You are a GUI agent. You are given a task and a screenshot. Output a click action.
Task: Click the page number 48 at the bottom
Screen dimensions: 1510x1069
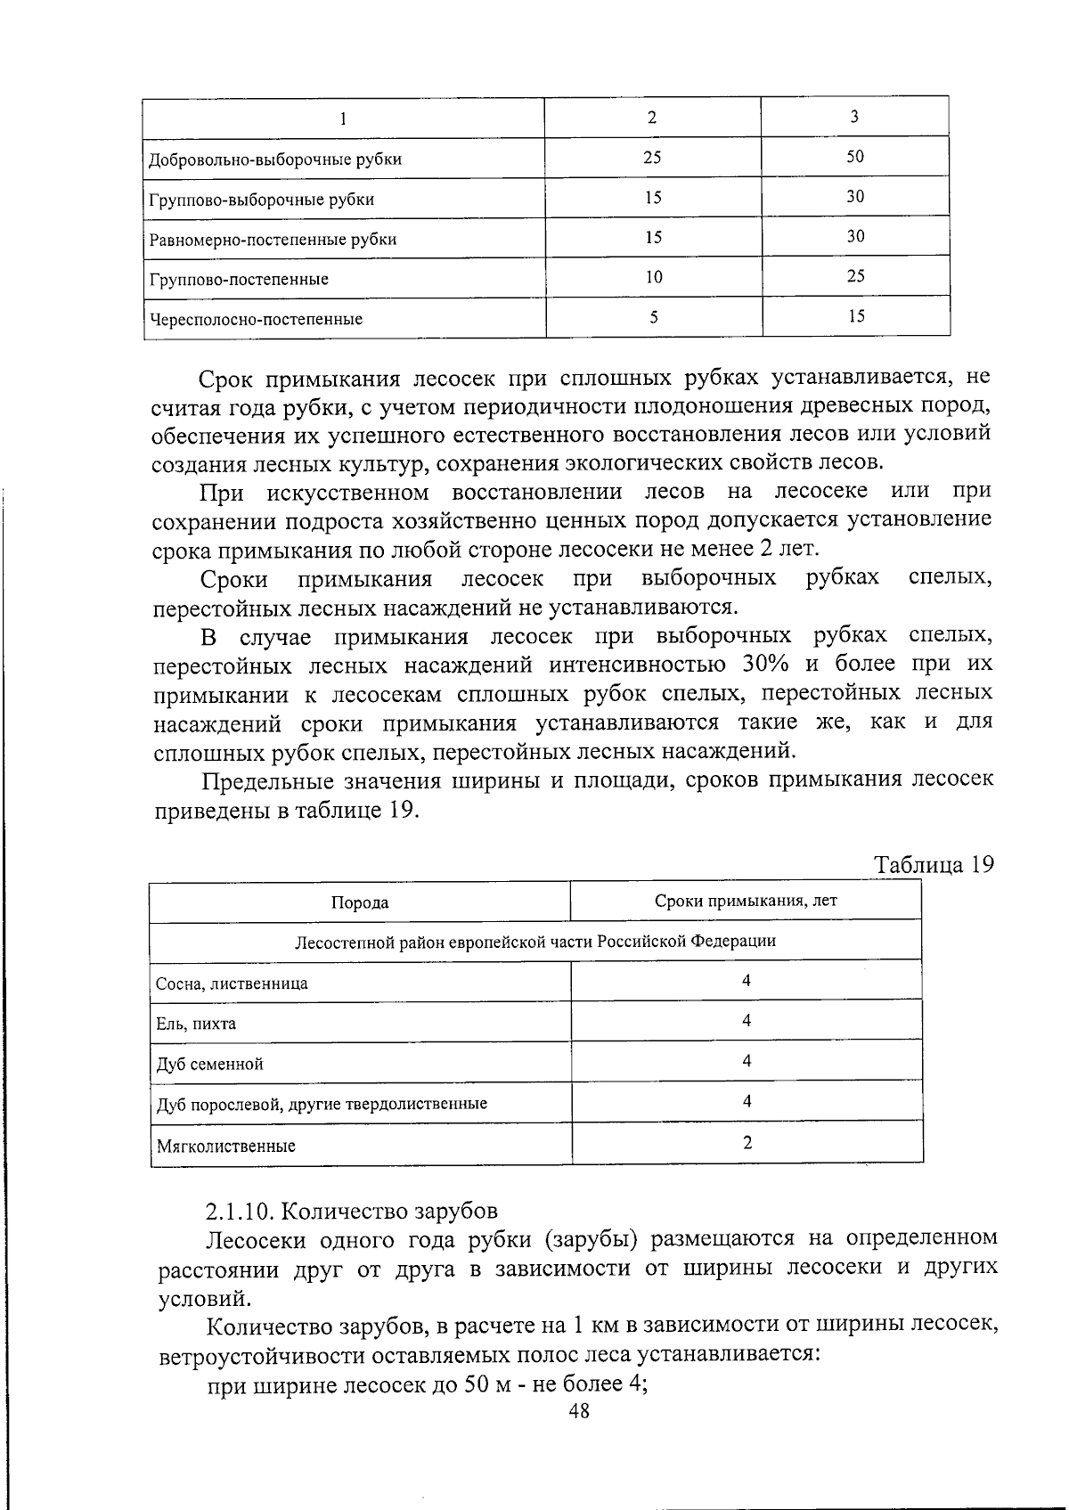[x=579, y=1410]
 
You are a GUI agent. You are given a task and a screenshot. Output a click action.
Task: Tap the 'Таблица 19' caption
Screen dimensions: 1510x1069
[x=933, y=865]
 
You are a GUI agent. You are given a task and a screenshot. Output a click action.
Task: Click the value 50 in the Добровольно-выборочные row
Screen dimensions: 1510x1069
[x=855, y=157]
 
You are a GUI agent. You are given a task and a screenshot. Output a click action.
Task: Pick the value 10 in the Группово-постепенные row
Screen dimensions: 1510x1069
[x=654, y=277]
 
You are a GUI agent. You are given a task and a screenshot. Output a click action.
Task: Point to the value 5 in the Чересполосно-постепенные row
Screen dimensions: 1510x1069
[x=654, y=317]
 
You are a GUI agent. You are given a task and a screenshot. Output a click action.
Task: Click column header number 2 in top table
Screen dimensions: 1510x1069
[x=653, y=117]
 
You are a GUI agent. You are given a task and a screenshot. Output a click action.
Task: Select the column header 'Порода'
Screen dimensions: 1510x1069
[x=360, y=902]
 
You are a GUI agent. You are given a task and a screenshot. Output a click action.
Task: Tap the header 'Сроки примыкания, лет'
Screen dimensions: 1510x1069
[x=746, y=900]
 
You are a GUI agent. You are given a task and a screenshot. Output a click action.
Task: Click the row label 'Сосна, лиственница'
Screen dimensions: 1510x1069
[x=232, y=984]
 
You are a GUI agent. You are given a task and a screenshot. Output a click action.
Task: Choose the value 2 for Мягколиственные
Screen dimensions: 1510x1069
[x=747, y=1142]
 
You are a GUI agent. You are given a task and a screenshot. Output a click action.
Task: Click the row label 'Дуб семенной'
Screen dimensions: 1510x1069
[x=209, y=1065]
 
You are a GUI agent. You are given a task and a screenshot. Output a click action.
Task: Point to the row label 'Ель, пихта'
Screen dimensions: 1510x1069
[x=196, y=1024]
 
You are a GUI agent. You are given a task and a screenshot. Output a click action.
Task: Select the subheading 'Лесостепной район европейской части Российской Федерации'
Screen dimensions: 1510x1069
[x=534, y=941]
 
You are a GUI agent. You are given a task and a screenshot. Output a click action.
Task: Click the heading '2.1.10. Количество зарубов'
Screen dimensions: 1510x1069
[x=352, y=1212]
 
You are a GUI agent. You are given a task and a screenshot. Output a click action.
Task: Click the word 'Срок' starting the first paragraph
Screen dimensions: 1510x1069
[x=228, y=379]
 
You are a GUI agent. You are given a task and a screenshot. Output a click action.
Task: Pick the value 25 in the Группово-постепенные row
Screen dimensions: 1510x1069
[x=855, y=276]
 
